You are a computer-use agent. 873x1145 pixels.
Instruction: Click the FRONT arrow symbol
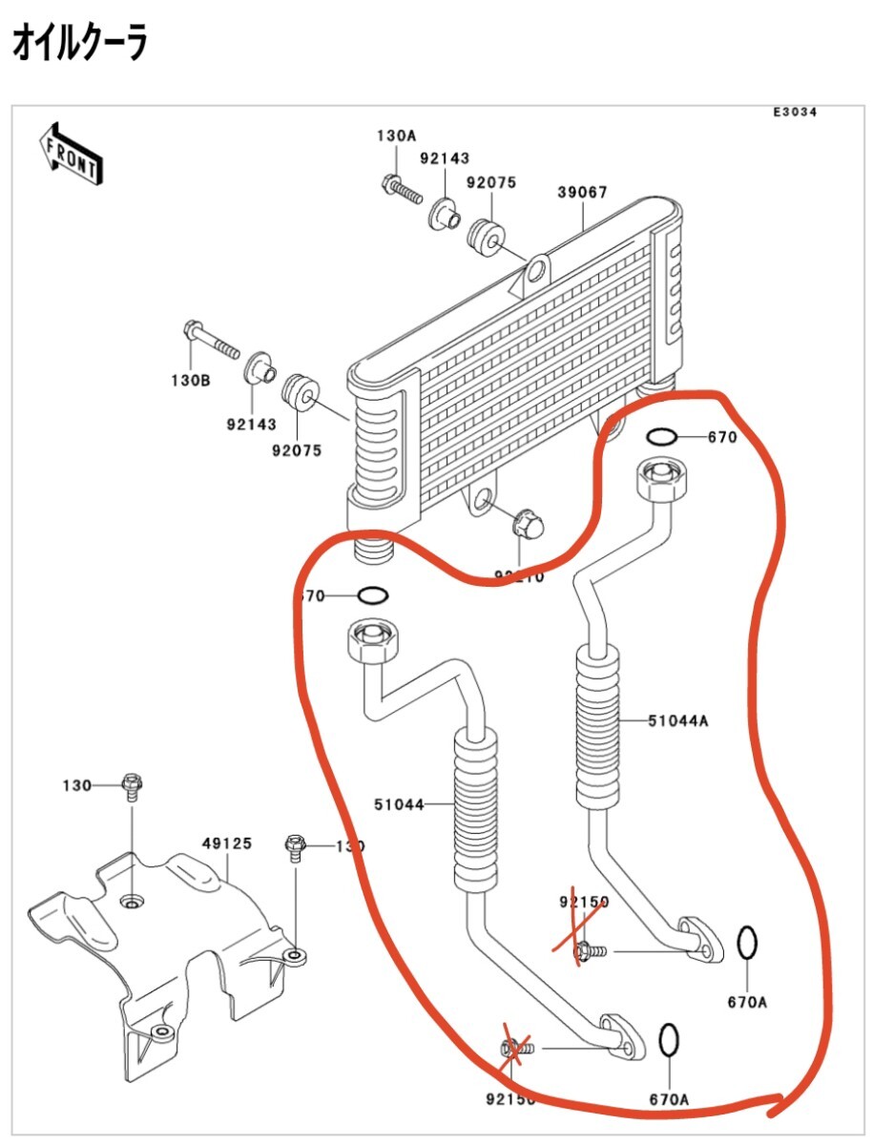click(70, 154)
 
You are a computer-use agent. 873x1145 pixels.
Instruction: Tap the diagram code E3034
click(795, 113)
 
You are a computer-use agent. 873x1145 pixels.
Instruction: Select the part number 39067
click(582, 192)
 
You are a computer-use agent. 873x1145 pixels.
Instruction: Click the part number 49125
click(226, 843)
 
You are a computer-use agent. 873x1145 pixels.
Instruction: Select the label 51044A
click(677, 721)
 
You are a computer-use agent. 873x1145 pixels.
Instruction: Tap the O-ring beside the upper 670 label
click(662, 437)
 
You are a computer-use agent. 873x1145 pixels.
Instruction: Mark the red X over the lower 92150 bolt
click(515, 1050)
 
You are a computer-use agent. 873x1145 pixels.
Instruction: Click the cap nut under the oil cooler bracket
click(525, 523)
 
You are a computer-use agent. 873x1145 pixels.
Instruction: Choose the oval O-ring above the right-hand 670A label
click(748, 944)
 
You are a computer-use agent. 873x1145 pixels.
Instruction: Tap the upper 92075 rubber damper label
click(491, 182)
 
